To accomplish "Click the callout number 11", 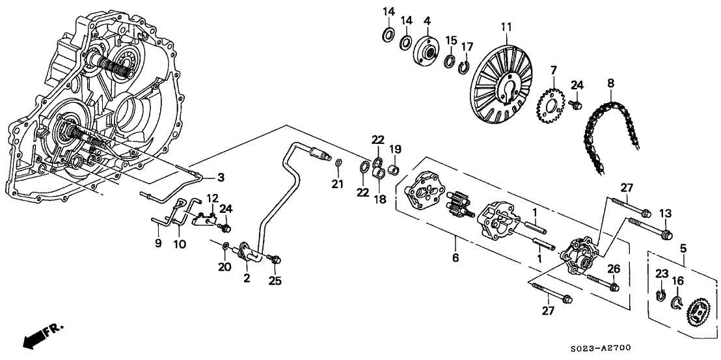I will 506,27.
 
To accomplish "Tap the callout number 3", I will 221,177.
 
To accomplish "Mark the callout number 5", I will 683,248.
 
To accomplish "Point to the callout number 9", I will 157,244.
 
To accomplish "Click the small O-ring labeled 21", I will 339,162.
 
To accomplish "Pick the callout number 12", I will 212,197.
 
